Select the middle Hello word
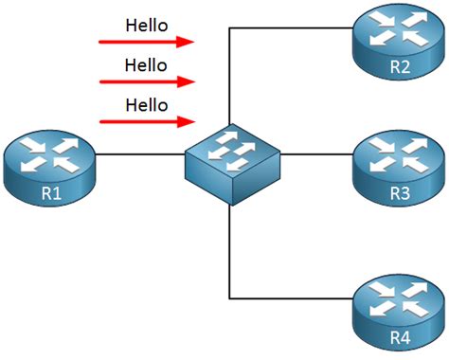coord(147,65)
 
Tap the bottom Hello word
coord(147,105)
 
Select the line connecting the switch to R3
coord(317,153)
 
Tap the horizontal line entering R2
coord(294,28)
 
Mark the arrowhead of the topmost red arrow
coord(188,42)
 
